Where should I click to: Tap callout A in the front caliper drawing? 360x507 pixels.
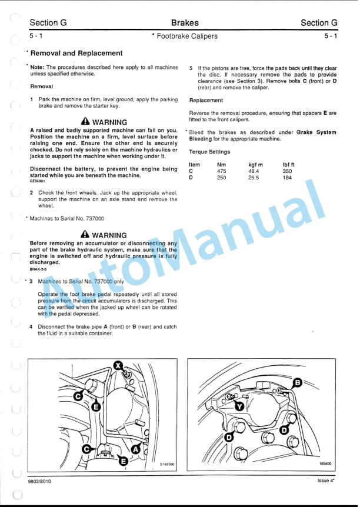point(135,449)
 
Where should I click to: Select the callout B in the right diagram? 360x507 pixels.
point(297,383)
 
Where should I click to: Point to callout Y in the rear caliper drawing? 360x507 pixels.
point(239,406)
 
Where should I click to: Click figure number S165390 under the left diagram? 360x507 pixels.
point(166,464)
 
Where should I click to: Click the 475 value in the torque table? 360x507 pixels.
point(221,171)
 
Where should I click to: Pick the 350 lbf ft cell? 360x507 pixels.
point(287,171)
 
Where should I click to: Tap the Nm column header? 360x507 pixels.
point(221,164)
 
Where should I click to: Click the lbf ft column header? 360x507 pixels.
point(289,164)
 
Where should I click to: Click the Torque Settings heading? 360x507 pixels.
point(209,152)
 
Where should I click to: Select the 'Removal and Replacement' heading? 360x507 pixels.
point(76,54)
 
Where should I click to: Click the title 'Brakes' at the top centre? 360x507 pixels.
point(185,23)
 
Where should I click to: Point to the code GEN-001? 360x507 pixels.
point(37,181)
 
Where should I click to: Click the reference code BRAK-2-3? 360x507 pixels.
point(38,269)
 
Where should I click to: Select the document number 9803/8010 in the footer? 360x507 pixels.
point(39,481)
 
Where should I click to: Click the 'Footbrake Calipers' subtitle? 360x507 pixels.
point(186,36)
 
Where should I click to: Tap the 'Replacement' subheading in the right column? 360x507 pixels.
point(206,100)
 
